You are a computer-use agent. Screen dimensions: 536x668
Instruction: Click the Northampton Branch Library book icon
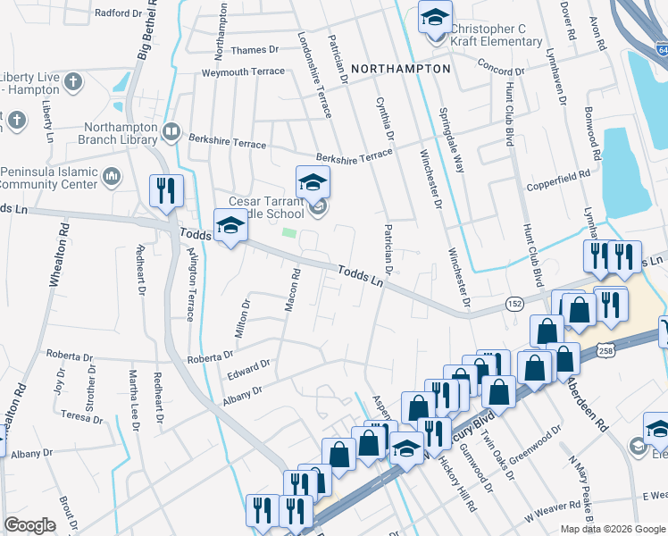[171, 133]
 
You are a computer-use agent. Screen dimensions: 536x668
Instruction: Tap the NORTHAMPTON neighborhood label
[400, 69]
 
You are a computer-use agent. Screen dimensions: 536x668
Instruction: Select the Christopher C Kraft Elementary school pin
[435, 20]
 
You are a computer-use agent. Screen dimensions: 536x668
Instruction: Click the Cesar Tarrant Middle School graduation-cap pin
[313, 183]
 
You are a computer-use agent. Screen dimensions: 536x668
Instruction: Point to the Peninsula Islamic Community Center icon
[112, 177]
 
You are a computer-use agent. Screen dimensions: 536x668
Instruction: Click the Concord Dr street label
[500, 67]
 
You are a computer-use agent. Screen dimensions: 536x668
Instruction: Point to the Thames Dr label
[255, 51]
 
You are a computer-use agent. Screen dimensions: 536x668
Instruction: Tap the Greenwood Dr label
[534, 441]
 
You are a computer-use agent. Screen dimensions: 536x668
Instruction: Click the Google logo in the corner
[29, 525]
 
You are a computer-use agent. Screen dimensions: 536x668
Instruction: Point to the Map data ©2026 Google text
[612, 529]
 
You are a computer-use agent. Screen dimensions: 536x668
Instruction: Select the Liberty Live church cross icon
[73, 83]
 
